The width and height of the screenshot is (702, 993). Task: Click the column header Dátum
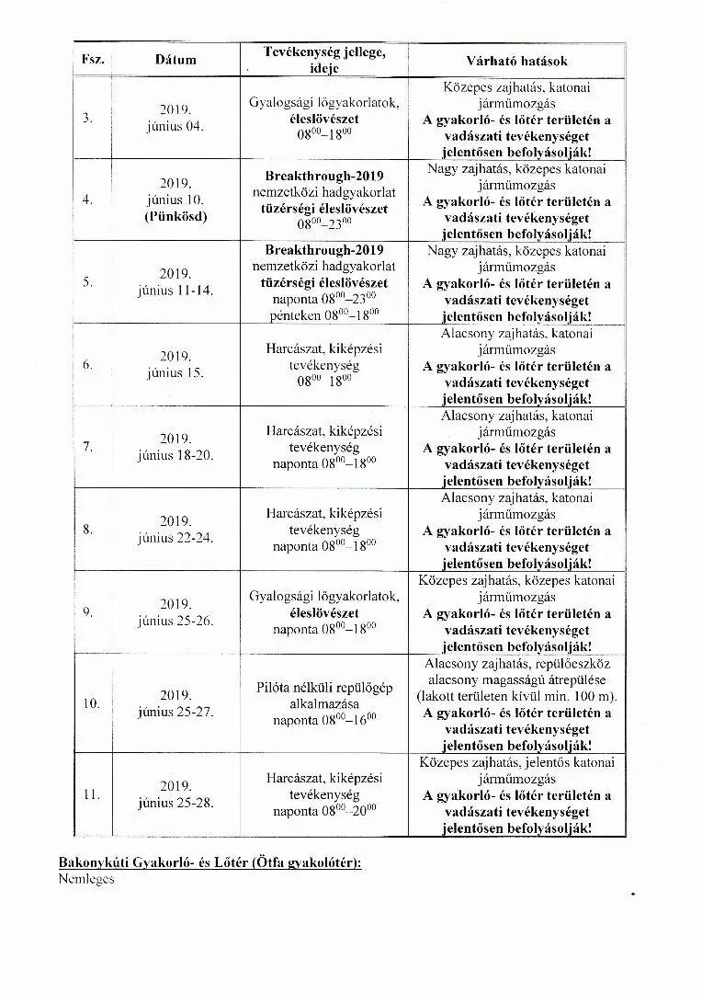click(175, 61)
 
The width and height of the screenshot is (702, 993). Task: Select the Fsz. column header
click(92, 61)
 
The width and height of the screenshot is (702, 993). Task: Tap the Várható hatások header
click(516, 61)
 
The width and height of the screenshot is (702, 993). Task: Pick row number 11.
click(91, 794)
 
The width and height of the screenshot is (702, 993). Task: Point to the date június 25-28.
click(175, 803)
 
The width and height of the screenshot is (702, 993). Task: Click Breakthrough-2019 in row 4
click(324, 176)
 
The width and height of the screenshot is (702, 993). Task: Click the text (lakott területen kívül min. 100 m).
click(516, 696)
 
